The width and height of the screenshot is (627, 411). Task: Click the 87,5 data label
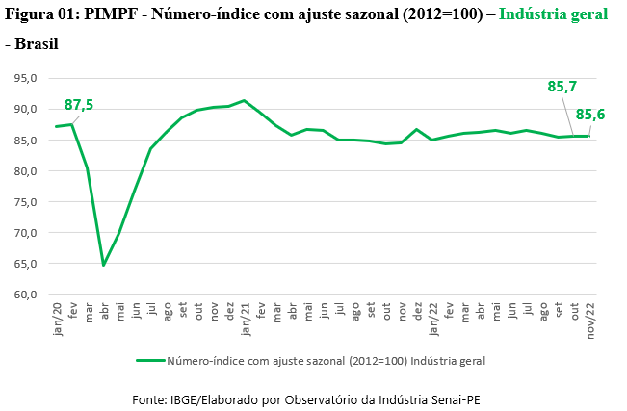point(79,105)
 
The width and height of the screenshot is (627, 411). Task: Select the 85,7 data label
point(562,87)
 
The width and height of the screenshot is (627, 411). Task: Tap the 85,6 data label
point(590,115)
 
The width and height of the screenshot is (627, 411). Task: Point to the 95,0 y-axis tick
point(26,78)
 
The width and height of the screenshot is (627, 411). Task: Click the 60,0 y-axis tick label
point(26,295)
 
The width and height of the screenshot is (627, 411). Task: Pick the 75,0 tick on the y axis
point(26,202)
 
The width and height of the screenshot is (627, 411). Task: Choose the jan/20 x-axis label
point(57,319)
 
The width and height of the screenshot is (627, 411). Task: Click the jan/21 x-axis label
point(246,319)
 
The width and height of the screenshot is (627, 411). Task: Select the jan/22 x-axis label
point(433,319)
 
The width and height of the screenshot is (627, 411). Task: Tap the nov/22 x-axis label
point(590,321)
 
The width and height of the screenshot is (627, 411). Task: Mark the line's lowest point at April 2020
point(104,265)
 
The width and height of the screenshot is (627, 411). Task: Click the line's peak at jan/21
point(245,100)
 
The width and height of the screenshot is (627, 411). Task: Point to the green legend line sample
point(150,361)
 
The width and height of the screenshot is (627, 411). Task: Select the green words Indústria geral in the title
point(554,14)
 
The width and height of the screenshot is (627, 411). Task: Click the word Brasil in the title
point(37,44)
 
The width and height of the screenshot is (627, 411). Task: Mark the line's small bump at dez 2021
point(417,130)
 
